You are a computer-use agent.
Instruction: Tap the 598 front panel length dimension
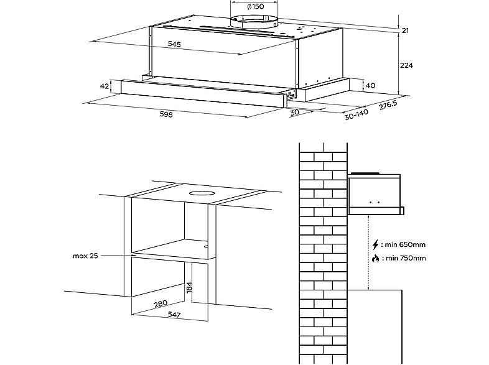click(165, 114)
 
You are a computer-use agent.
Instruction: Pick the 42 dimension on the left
click(105, 86)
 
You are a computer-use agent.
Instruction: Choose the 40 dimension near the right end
click(371, 85)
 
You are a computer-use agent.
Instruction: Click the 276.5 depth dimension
click(389, 105)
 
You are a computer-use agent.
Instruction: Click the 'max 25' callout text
click(86, 256)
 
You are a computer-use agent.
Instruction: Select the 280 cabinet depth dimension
click(161, 304)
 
